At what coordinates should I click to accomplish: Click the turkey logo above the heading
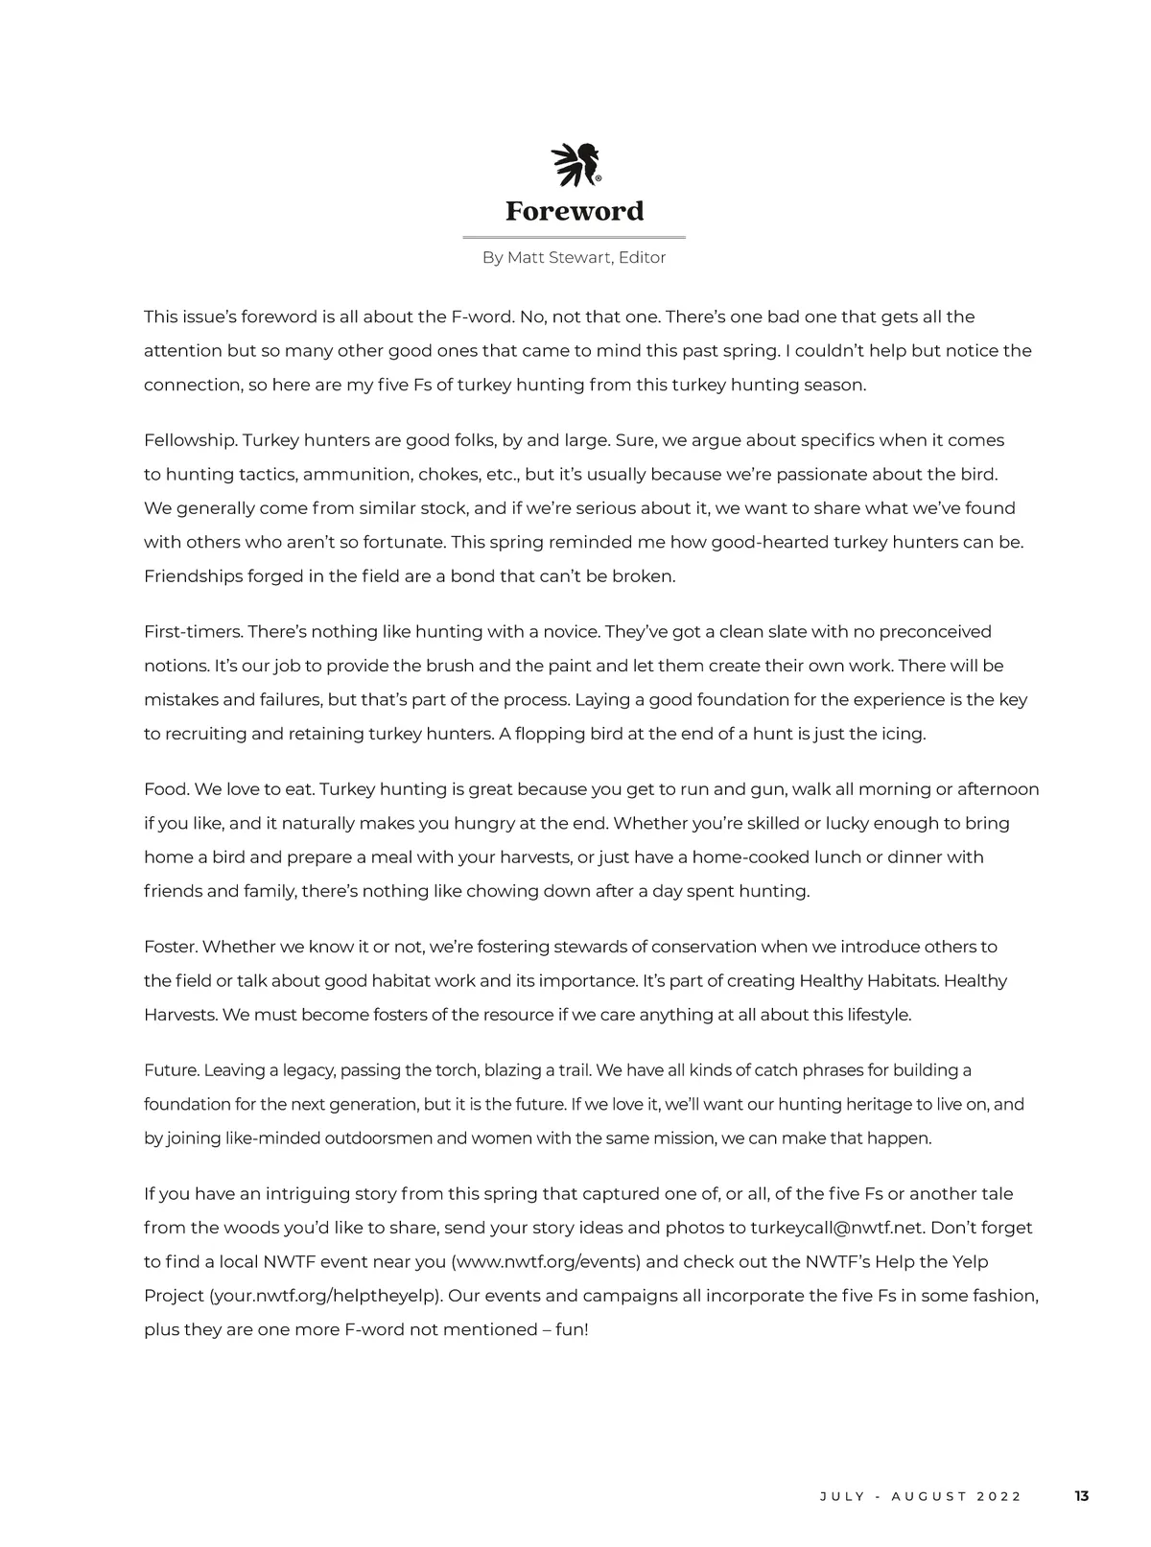(x=575, y=165)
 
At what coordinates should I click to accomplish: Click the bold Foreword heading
(x=575, y=211)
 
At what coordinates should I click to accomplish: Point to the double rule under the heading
(x=574, y=237)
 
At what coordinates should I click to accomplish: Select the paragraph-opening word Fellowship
(x=189, y=440)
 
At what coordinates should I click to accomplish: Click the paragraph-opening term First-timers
(x=193, y=631)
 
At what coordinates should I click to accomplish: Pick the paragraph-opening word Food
(x=166, y=789)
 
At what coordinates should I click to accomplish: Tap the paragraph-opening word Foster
(x=170, y=947)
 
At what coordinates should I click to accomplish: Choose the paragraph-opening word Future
(x=171, y=1069)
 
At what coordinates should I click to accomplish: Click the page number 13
(x=1081, y=1496)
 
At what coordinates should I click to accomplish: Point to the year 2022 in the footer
(x=999, y=1496)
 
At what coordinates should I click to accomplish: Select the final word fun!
(x=572, y=1329)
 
